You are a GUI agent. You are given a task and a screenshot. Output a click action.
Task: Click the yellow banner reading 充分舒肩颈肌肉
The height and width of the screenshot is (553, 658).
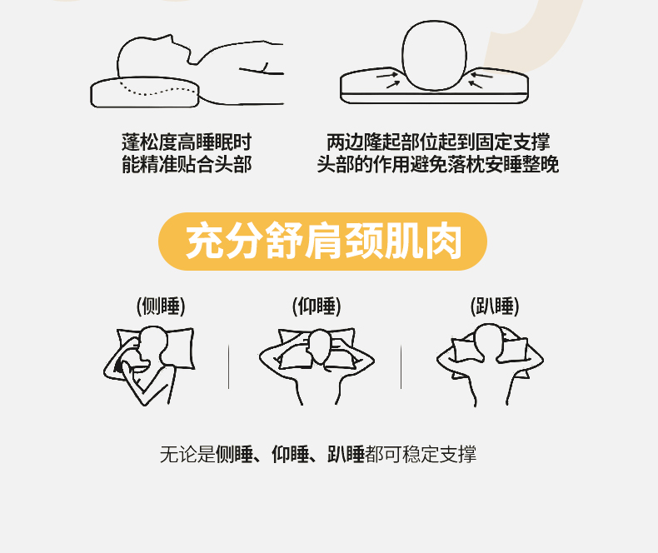pos(322,242)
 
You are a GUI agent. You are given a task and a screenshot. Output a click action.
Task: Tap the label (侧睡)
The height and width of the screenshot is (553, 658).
pos(161,306)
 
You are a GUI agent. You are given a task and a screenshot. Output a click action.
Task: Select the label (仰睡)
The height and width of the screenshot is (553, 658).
pos(317,306)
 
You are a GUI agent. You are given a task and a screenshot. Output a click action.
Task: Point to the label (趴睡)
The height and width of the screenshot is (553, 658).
pos(495,306)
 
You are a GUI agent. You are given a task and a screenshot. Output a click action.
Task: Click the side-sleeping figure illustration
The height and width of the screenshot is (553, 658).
pos(149,365)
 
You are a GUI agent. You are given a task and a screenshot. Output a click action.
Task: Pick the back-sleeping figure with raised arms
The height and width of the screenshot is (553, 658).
pos(317,366)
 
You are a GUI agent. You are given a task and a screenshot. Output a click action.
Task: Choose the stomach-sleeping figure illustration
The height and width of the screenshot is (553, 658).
pos(490,364)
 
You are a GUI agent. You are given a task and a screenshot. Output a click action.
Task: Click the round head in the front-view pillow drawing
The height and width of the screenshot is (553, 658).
pos(434,56)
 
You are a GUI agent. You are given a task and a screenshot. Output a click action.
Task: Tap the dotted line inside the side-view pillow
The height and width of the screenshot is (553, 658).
pos(158,90)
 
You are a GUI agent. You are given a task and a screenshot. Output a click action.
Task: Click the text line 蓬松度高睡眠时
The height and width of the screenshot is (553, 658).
pos(187,142)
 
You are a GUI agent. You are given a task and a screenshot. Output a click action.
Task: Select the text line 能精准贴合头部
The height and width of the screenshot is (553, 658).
pos(187,164)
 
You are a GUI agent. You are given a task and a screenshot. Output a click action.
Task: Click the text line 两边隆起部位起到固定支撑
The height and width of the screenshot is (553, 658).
pos(438,142)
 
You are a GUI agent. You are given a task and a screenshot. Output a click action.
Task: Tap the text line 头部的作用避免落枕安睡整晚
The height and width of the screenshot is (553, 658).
pos(438,164)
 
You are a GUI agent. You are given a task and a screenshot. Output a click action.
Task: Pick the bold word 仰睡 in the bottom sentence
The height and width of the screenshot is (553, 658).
pos(291,455)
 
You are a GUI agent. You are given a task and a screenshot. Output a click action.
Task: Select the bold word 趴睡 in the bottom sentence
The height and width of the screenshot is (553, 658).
pos(346,455)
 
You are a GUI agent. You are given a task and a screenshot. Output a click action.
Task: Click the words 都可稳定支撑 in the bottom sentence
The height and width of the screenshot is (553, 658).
pos(421,455)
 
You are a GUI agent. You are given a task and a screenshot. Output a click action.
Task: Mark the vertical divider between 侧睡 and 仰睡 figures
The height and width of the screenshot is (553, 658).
pos(229,366)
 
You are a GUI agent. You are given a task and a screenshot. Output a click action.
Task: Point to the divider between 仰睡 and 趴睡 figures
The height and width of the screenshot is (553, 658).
pos(401,366)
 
